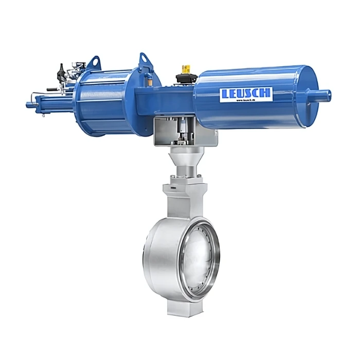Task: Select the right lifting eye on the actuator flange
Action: tap(143, 60)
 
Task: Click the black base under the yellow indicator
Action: tap(186, 79)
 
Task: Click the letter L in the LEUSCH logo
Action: tap(224, 95)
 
